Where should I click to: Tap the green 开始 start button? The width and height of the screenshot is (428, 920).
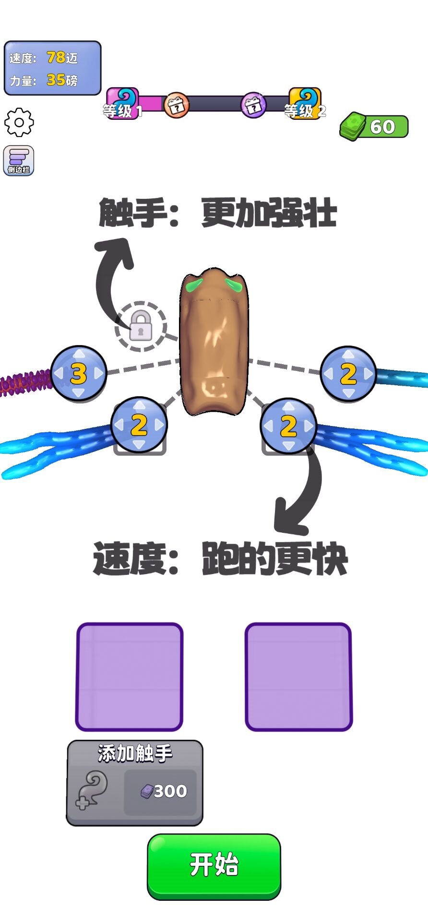pyautogui.click(x=214, y=865)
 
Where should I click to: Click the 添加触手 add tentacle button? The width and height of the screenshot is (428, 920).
pyautogui.click(x=134, y=782)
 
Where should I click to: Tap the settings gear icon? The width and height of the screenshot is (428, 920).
pyautogui.click(x=19, y=122)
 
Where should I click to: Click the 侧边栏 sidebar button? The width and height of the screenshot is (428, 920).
pyautogui.click(x=19, y=160)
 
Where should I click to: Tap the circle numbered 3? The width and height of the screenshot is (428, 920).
pyautogui.click(x=78, y=373)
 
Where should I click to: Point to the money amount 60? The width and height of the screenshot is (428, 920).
pyautogui.click(x=383, y=127)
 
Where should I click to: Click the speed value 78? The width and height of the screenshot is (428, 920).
pyautogui.click(x=56, y=57)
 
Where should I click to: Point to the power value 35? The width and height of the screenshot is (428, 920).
pyautogui.click(x=56, y=80)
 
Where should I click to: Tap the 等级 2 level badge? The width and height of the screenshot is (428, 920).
pyautogui.click(x=305, y=103)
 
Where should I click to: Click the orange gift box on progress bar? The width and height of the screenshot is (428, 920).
pyautogui.click(x=176, y=104)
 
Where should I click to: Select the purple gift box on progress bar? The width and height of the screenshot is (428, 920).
pyautogui.click(x=253, y=104)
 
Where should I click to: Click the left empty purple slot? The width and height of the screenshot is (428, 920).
pyautogui.click(x=130, y=677)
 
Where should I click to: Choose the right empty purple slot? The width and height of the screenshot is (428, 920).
pyautogui.click(x=298, y=677)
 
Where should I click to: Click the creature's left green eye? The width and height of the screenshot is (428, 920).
pyautogui.click(x=194, y=286)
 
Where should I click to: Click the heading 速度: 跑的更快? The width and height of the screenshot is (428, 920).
pyautogui.click(x=220, y=559)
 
